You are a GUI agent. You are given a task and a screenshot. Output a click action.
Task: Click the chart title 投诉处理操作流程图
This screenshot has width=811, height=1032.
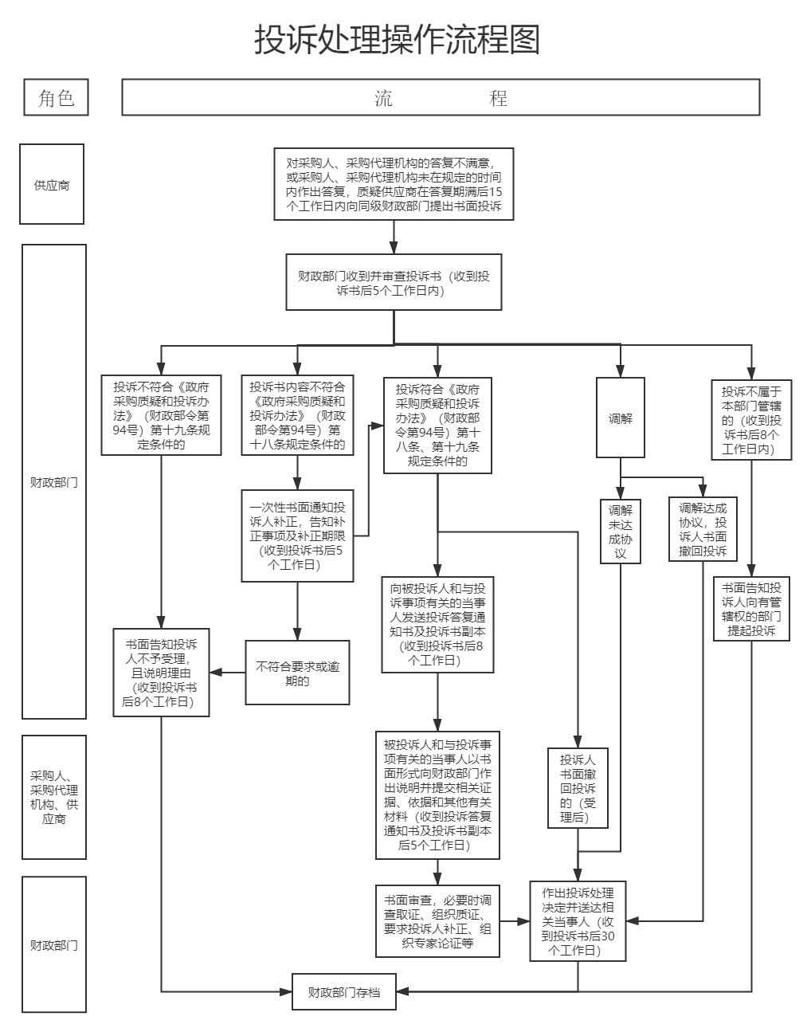(397, 39)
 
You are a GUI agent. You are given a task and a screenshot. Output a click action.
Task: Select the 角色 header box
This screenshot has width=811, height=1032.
(55, 97)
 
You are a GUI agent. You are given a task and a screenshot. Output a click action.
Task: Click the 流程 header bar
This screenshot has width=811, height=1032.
(441, 97)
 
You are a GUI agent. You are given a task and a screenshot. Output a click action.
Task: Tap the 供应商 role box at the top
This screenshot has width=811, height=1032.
(52, 185)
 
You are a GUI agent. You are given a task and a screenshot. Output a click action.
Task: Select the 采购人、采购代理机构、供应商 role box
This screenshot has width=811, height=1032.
(54, 797)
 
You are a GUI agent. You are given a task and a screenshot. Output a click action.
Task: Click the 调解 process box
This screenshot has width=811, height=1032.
(621, 418)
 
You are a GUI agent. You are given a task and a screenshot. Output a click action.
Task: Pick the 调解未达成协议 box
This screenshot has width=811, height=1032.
(621, 531)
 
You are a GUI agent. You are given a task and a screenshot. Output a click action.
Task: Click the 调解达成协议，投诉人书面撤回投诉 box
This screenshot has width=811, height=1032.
(703, 529)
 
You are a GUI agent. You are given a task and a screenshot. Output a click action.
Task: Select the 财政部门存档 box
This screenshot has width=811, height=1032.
(343, 992)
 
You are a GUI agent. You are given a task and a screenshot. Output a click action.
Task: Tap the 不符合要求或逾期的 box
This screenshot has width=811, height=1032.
(297, 673)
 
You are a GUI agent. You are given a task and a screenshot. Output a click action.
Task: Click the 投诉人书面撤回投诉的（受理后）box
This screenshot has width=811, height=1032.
(578, 788)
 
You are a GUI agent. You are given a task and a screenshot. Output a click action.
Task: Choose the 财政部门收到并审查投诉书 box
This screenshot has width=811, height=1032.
(394, 282)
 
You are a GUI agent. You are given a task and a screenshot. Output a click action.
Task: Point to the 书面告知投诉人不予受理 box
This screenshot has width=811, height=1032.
(162, 673)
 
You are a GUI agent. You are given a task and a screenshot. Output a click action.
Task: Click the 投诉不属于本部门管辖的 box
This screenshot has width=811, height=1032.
(751, 419)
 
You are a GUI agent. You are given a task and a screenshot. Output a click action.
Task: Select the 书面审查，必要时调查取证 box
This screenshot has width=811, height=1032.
(437, 920)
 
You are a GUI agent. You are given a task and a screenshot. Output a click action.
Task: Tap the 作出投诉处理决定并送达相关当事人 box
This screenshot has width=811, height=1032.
(578, 920)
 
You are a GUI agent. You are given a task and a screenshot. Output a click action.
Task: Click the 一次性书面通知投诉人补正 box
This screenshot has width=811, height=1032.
(297, 536)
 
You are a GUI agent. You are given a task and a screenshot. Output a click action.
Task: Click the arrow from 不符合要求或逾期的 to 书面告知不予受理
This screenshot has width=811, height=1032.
(228, 673)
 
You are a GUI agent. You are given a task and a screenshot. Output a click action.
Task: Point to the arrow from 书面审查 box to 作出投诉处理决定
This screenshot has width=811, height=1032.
(515, 921)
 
